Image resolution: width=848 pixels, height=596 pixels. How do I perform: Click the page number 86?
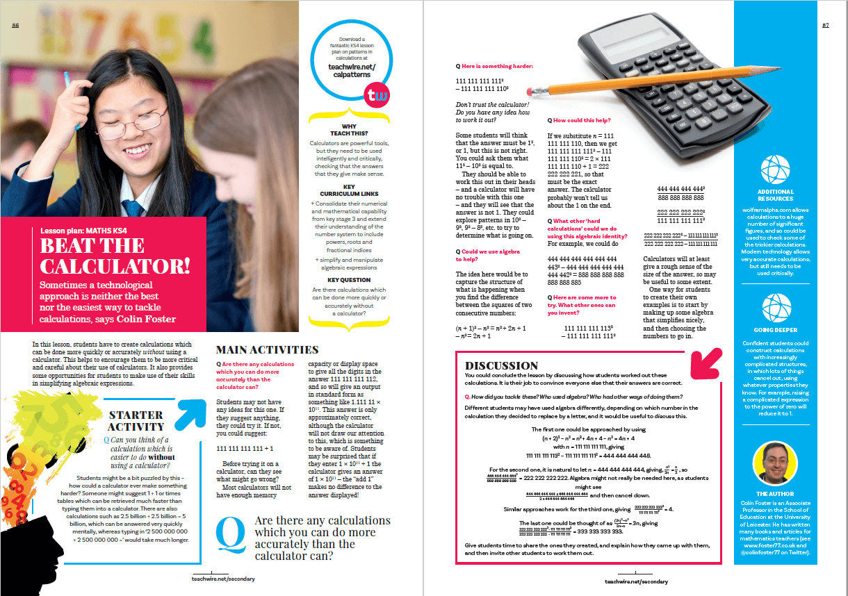15,26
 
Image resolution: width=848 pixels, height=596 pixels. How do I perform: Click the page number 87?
826,26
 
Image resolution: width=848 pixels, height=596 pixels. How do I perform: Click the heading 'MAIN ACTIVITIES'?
267,350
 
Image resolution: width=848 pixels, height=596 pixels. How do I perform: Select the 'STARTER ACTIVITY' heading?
136,421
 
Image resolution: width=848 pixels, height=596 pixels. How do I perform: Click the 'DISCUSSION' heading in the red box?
501,365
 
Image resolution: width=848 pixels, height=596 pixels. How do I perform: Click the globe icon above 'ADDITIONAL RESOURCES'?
775,169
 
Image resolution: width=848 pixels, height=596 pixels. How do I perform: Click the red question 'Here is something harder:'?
497,65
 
